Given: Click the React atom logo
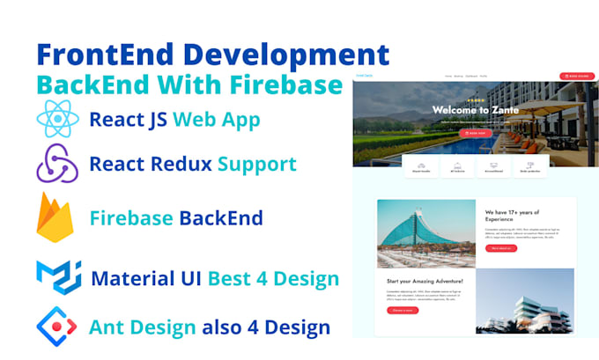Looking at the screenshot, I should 58,119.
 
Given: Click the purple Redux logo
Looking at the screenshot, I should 57,164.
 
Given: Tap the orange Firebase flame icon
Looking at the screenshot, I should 55,217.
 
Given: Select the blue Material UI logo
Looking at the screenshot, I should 58,278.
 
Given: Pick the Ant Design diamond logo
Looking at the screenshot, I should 56,327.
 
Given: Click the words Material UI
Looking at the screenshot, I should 147,279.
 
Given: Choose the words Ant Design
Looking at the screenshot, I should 143,327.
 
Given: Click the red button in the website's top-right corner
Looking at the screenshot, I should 576,77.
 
